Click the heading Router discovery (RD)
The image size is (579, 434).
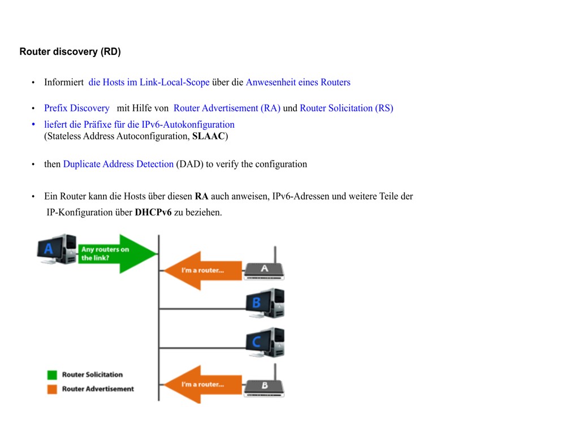70,52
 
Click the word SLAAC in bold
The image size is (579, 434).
209,136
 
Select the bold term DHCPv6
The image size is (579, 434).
153,213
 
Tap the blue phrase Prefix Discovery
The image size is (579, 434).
77,108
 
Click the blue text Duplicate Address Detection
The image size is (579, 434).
118,164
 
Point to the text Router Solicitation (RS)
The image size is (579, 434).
346,108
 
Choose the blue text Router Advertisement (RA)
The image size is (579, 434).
227,108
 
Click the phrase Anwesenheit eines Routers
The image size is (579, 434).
298,83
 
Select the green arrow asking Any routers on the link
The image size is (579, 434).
116,253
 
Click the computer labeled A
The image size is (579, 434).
57,249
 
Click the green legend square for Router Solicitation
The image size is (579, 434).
53,375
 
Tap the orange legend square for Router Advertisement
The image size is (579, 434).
53,389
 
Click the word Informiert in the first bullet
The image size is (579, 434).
64,83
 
